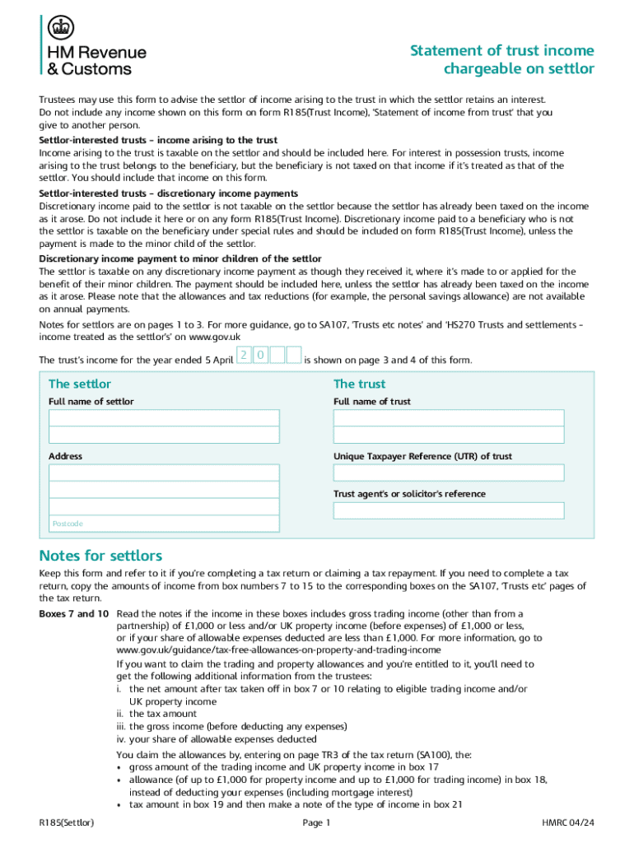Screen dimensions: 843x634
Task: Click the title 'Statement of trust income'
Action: point(501,51)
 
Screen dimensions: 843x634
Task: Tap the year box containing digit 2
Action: point(244,355)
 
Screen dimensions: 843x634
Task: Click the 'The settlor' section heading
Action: point(80,384)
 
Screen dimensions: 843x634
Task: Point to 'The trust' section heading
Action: point(359,384)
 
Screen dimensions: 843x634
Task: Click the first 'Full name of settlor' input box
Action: point(164,417)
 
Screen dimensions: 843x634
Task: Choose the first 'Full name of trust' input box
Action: point(449,417)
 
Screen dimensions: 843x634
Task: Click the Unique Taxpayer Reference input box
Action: point(449,473)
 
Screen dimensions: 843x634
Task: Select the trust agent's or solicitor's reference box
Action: point(449,510)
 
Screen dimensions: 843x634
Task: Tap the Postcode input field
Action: point(164,524)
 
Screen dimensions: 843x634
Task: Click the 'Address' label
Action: point(65,456)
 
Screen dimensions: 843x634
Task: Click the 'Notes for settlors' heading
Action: point(100,556)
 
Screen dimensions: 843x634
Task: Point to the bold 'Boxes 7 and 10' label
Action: point(74,614)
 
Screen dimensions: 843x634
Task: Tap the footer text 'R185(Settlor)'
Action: point(67,822)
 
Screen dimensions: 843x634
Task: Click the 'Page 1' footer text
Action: point(316,822)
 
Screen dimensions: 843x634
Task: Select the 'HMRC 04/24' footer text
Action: point(567,822)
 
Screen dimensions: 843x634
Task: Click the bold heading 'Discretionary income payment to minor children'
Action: point(180,258)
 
